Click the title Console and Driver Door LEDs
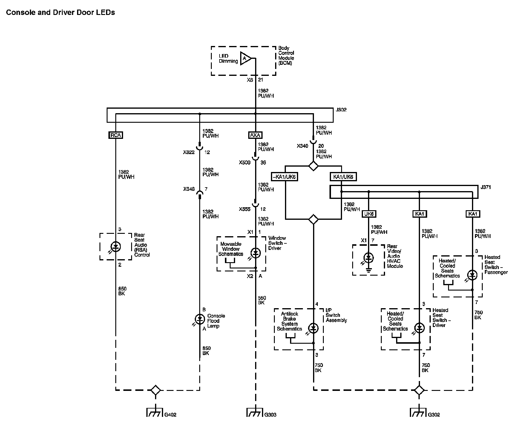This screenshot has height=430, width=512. pos(60,13)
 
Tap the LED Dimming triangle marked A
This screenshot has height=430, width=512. pos(246,58)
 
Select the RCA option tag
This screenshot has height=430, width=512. pos(116,135)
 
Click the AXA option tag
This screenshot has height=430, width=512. pos(255,135)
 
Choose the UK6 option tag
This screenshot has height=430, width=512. pos(369,214)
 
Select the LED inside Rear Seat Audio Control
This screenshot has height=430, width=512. pos(116,247)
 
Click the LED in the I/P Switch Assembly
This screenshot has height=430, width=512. pos(313,328)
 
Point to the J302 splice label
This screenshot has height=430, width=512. pos(341,110)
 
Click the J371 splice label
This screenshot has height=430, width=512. pos(486,187)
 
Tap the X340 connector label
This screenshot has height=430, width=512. pos(302,146)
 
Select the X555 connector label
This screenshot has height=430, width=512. pos(245,209)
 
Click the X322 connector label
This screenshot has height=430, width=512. pos(189,152)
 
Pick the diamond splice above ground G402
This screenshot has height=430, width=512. pos(155,390)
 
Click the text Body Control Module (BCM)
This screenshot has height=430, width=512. pos(286,56)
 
